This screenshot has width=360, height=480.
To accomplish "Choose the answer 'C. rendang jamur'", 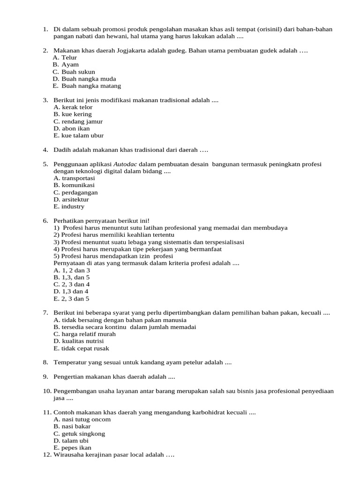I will coord(78,121).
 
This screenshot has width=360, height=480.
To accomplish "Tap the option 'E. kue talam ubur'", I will coord(79,135).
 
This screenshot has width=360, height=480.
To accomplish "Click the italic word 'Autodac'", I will coord(125,164).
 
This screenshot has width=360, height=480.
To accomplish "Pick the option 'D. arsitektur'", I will coord(71,199).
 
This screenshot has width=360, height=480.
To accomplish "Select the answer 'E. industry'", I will coord(69,206).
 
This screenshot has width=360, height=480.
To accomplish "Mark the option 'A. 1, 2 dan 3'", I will coord(72,270).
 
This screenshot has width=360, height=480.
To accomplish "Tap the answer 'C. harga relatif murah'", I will coord(84,334).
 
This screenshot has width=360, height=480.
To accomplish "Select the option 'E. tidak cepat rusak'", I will coord(81,348).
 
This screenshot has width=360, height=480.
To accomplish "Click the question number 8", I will coord(45,362).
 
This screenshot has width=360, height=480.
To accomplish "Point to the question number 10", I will coord(47,391).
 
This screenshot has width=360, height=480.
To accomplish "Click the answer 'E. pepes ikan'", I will coord(73,448).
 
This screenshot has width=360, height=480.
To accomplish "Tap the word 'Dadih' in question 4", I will coord(62,150).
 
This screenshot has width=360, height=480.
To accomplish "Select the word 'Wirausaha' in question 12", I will coord(68,455).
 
